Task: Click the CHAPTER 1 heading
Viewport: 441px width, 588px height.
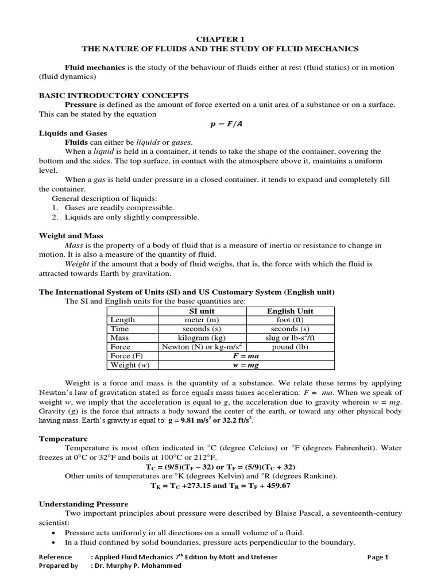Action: point(221,39)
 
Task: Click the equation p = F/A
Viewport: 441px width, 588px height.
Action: point(220,123)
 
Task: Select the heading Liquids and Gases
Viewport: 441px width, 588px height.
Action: point(73,133)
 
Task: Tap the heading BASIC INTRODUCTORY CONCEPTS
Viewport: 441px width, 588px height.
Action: point(114,95)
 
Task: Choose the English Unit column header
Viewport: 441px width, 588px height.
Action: point(290,311)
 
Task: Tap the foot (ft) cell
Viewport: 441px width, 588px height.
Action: point(290,320)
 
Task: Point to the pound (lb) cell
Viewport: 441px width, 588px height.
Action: point(290,347)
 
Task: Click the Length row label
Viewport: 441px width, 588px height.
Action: point(122,320)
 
